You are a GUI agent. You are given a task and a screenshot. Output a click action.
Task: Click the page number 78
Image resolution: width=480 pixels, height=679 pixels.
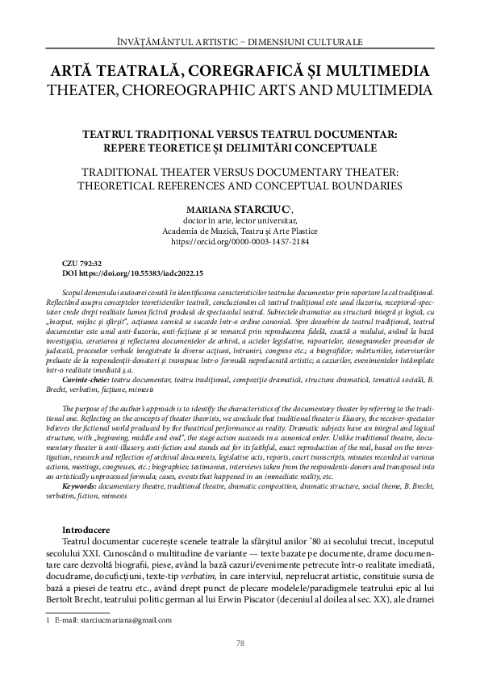point(240,643)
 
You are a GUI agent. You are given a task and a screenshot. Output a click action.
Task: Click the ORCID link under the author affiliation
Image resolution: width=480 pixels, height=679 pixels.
point(240,242)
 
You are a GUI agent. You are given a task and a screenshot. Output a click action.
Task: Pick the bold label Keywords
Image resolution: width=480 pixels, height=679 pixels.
point(84,464)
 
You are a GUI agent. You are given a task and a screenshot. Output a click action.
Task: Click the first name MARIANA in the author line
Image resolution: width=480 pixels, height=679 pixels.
point(209,208)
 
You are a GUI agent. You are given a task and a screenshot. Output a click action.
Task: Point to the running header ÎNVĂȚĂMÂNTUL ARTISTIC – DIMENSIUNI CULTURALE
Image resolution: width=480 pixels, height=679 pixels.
point(240,40)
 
